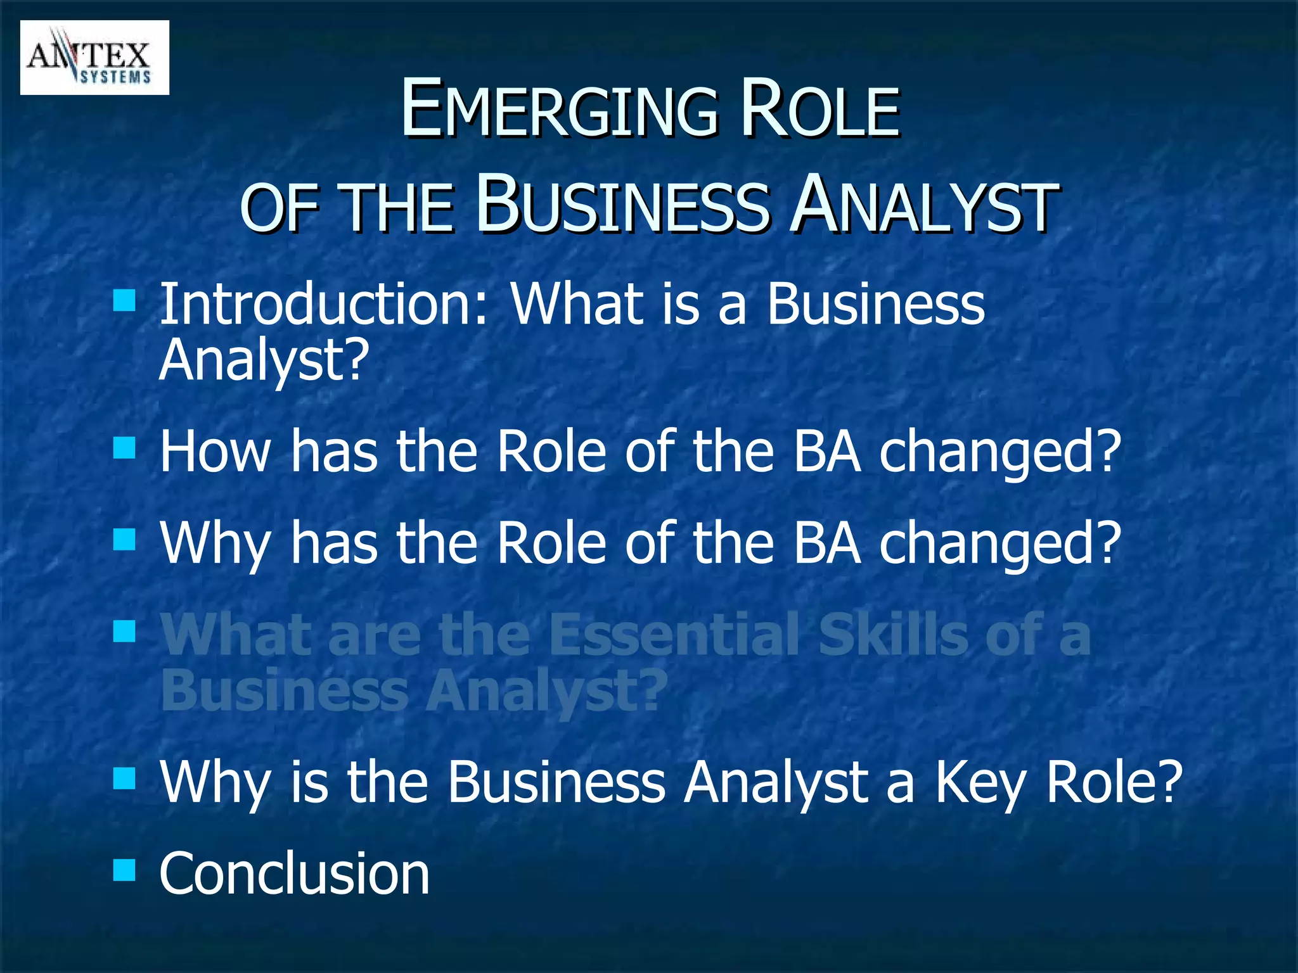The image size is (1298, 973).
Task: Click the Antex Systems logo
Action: tap(94, 58)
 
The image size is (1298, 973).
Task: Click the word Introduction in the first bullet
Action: tap(324, 304)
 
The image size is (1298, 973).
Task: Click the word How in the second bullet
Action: tap(215, 451)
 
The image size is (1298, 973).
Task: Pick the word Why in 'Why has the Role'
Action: tap(215, 544)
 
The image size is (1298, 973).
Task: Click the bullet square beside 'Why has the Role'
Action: tap(124, 540)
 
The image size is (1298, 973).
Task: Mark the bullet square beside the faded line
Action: tap(124, 630)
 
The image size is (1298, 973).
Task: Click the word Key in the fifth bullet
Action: tap(979, 782)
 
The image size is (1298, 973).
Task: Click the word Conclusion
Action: tap(294, 874)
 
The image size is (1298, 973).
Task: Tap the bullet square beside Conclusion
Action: tap(124, 870)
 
